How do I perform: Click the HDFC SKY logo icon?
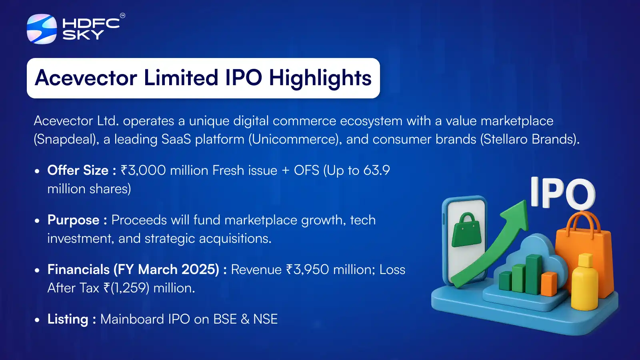pyautogui.click(x=42, y=29)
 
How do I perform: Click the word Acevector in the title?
pyautogui.click(x=86, y=78)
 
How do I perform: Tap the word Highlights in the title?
pyautogui.click(x=320, y=78)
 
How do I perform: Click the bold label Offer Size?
pyautogui.click(x=78, y=170)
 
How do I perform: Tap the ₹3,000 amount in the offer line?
pyautogui.click(x=143, y=170)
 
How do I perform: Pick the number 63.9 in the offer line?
pyautogui.click(x=376, y=170)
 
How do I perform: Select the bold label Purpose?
pyautogui.click(x=74, y=220)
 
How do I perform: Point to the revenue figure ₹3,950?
pyautogui.click(x=307, y=270)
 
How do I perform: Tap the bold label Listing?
pyautogui.click(x=68, y=319)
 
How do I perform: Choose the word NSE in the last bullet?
pyautogui.click(x=265, y=319)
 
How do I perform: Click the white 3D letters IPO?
pyautogui.click(x=562, y=193)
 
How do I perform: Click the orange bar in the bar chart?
pyautogui.click(x=549, y=284)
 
